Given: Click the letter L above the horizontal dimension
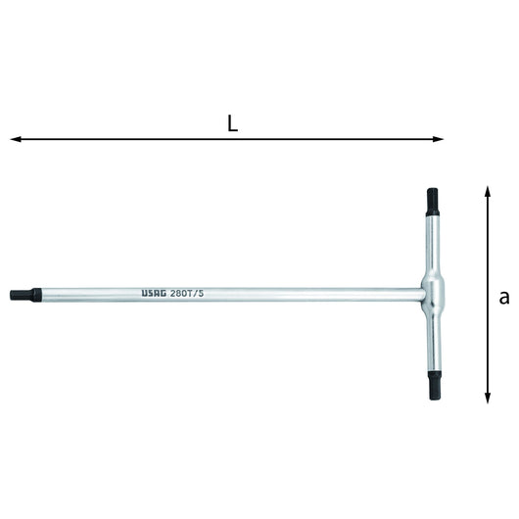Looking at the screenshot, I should tap(232, 124).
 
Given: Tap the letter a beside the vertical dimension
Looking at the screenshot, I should tap(503, 298).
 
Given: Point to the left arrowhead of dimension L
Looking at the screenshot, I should tap(16, 139).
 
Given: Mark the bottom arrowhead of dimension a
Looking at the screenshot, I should tap(487, 398).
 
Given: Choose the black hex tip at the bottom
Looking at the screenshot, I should tap(433, 383).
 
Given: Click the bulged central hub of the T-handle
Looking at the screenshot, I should tap(433, 291).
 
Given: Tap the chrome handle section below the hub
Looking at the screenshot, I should tap(433, 338).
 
